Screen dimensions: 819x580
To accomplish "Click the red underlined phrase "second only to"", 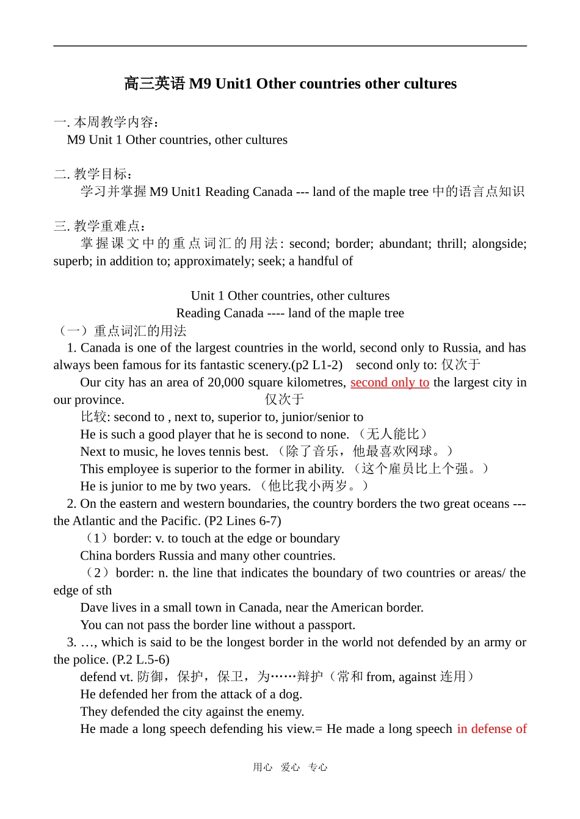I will pyautogui.click(x=390, y=383).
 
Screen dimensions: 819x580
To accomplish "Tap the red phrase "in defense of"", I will pyautogui.click(x=491, y=729).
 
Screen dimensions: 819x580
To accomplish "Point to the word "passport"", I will pyautogui.click(x=330, y=625).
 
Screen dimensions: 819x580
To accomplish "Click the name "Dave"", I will pyautogui.click(x=93, y=608).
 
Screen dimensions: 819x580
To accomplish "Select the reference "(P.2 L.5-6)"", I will pyautogui.click(x=141, y=660).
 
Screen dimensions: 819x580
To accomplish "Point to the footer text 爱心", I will pyautogui.click(x=290, y=767).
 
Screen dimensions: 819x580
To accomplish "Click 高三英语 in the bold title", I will pyautogui.click(x=154, y=84).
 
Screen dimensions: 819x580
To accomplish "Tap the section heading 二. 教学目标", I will pyautogui.click(x=93, y=174).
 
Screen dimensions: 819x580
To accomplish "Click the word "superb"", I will pyautogui.click(x=71, y=261).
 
